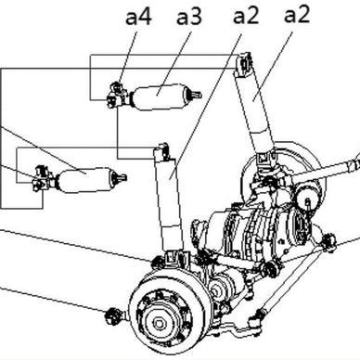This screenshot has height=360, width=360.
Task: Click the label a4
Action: click(x=138, y=18)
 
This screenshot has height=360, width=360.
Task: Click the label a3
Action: click(x=189, y=18)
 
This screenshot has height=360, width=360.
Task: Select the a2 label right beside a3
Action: click(x=246, y=16)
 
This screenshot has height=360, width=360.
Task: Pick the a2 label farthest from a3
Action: click(x=297, y=15)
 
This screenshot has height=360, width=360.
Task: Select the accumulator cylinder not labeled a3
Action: click(x=85, y=180)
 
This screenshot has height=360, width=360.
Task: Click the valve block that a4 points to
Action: click(x=117, y=95)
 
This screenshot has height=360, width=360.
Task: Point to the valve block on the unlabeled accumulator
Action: click(x=44, y=178)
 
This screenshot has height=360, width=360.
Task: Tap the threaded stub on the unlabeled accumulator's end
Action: click(x=120, y=178)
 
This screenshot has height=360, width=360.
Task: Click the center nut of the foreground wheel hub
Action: click(x=160, y=324)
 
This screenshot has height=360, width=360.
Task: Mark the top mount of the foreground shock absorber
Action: click(x=162, y=152)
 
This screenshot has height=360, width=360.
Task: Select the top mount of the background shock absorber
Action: click(x=245, y=64)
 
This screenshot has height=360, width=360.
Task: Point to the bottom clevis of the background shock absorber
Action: click(x=265, y=161)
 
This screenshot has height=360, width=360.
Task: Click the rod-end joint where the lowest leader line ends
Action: click(x=112, y=316)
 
